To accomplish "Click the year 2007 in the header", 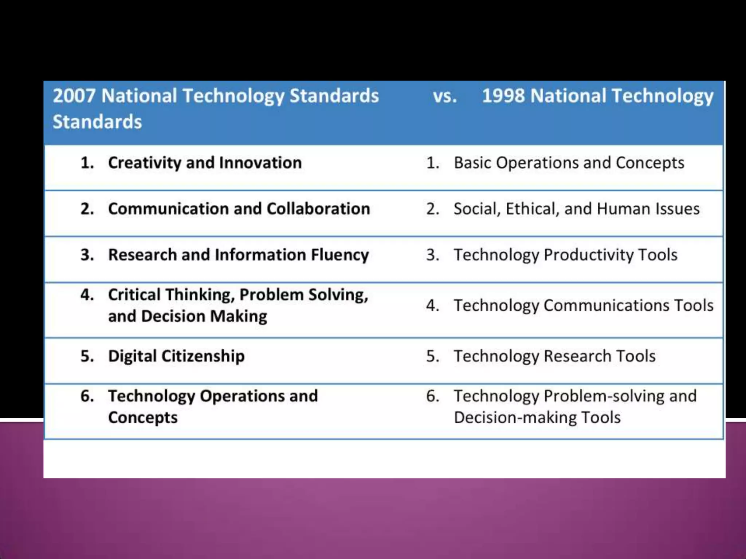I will tap(74, 96).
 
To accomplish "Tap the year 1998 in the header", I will tap(503, 96).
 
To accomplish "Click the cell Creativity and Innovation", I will tap(205, 163).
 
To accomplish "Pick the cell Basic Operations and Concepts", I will tap(569, 163).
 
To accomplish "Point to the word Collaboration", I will tap(318, 209).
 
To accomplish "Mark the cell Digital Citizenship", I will tap(176, 356).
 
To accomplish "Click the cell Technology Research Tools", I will tap(554, 356).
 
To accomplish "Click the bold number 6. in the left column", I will tap(87, 396).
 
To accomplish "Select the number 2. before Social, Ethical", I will tap(433, 209).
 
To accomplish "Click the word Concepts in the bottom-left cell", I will tap(143, 417).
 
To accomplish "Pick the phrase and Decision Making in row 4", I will tap(187, 316).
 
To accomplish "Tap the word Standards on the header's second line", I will tap(97, 122).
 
